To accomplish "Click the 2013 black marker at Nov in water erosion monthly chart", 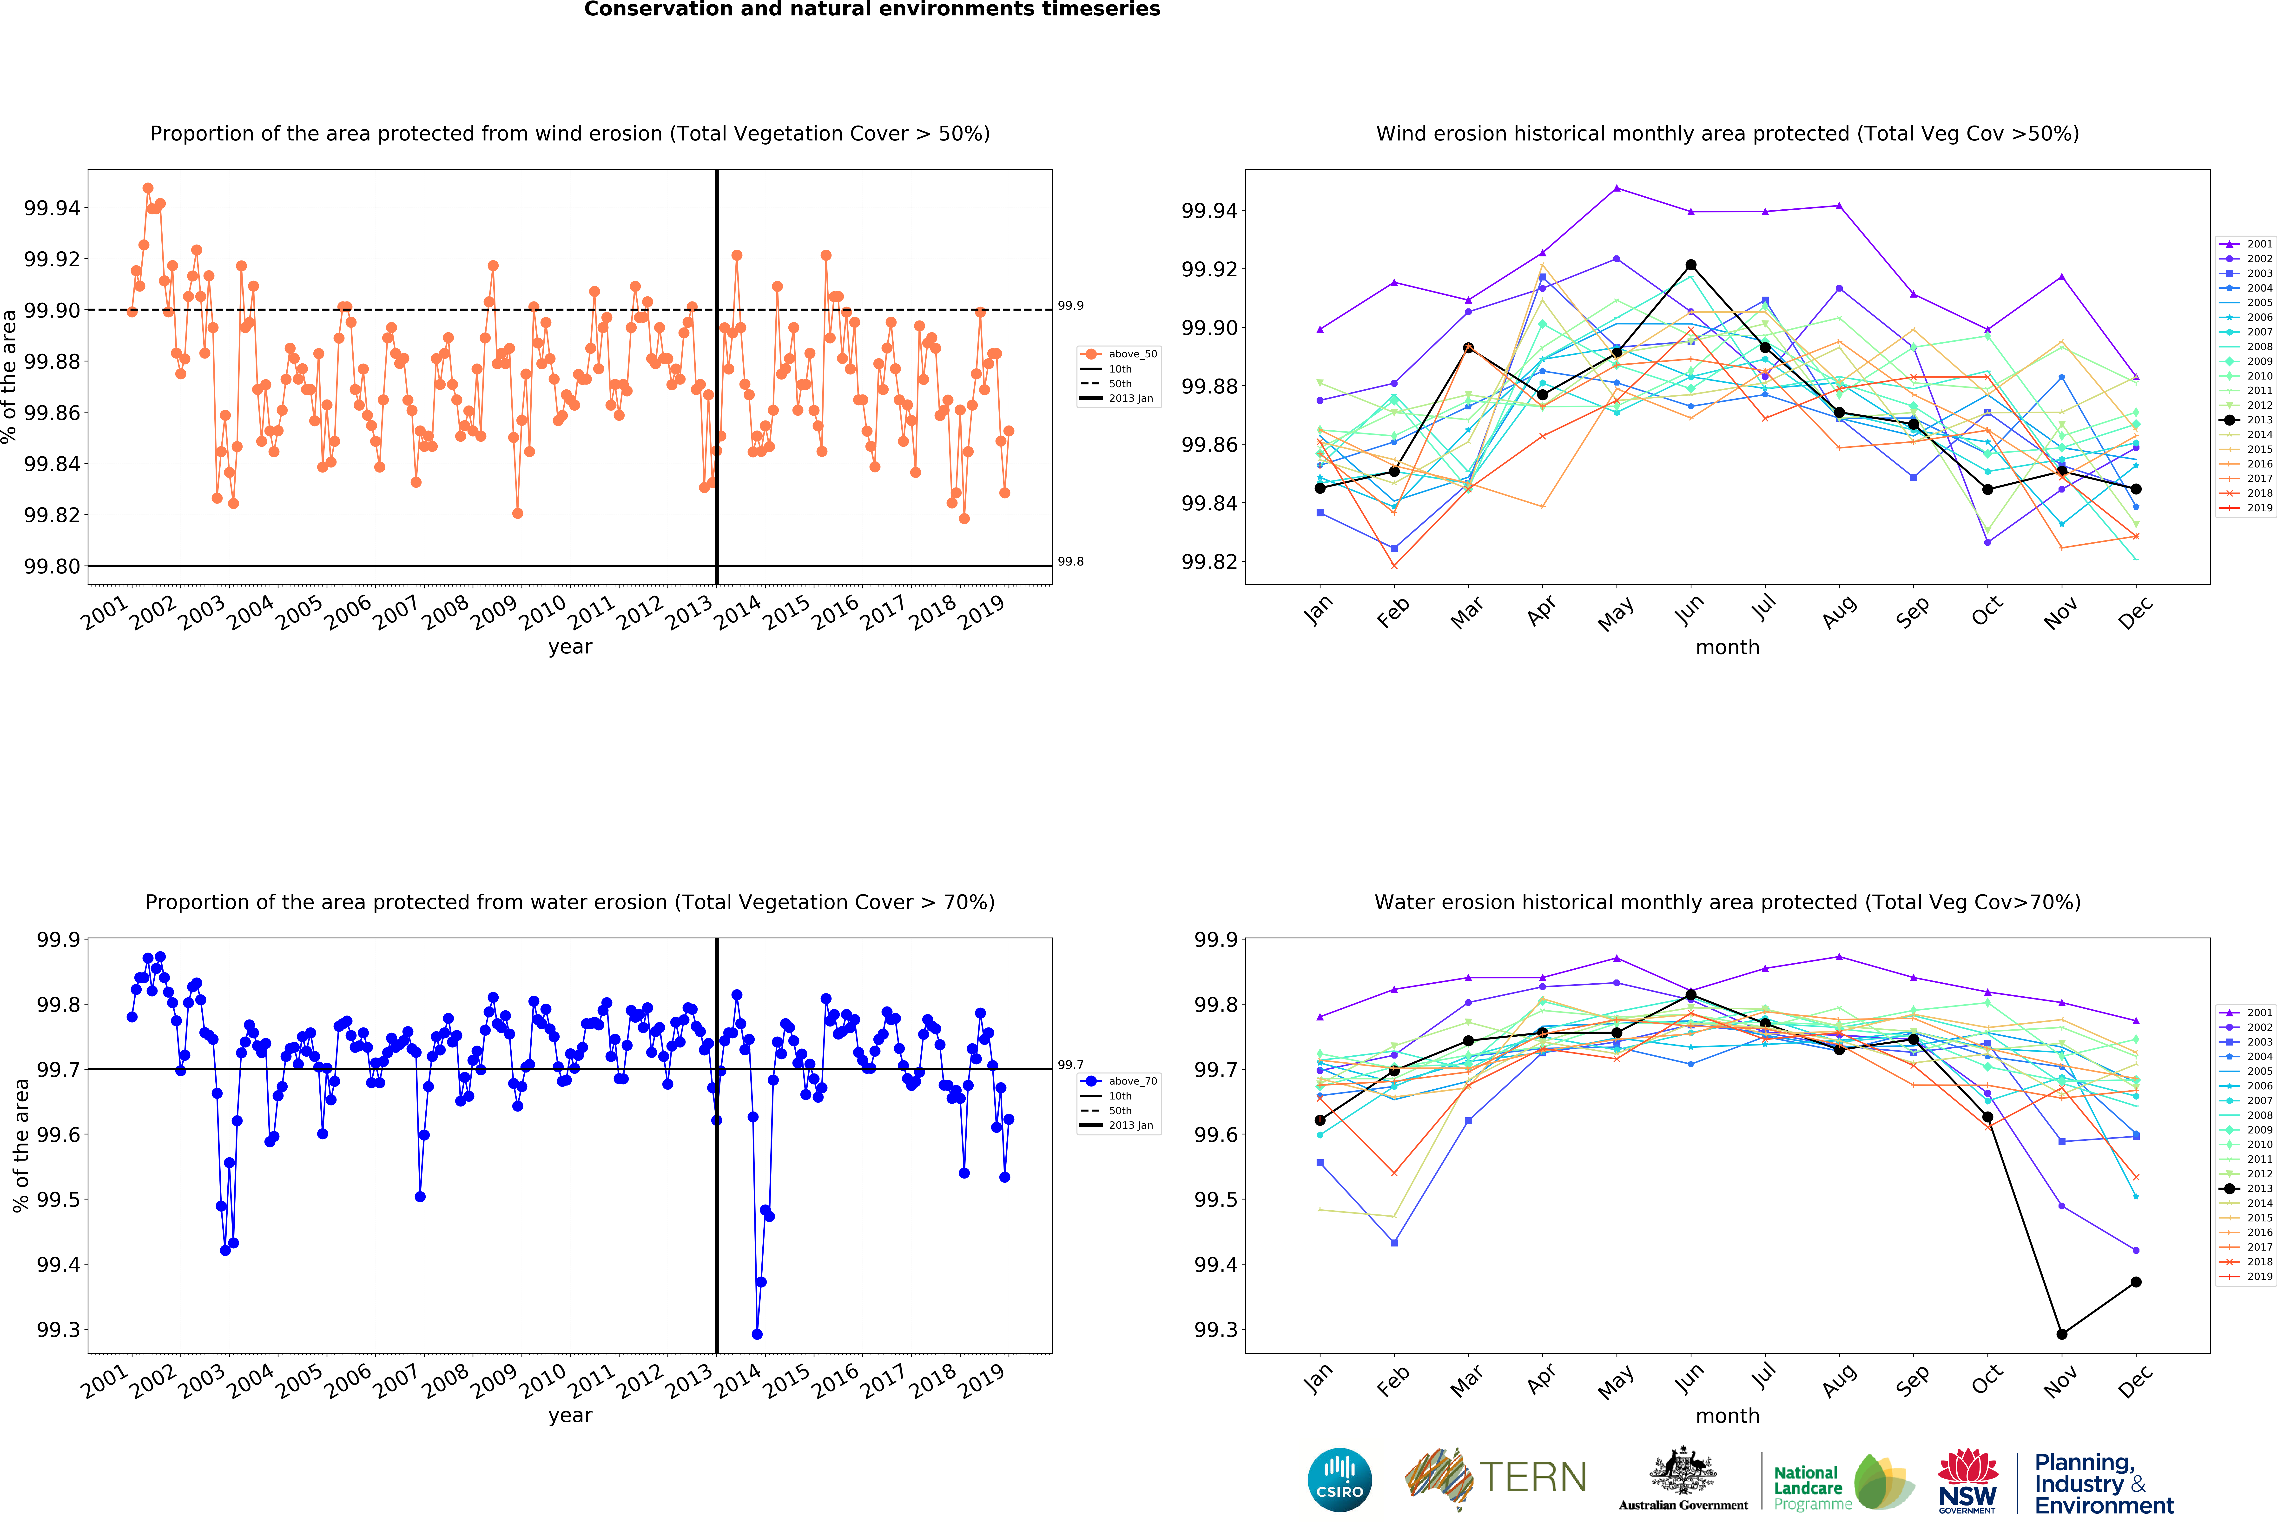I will [x=2061, y=1334].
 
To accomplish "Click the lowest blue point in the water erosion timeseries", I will [x=756, y=1334].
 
